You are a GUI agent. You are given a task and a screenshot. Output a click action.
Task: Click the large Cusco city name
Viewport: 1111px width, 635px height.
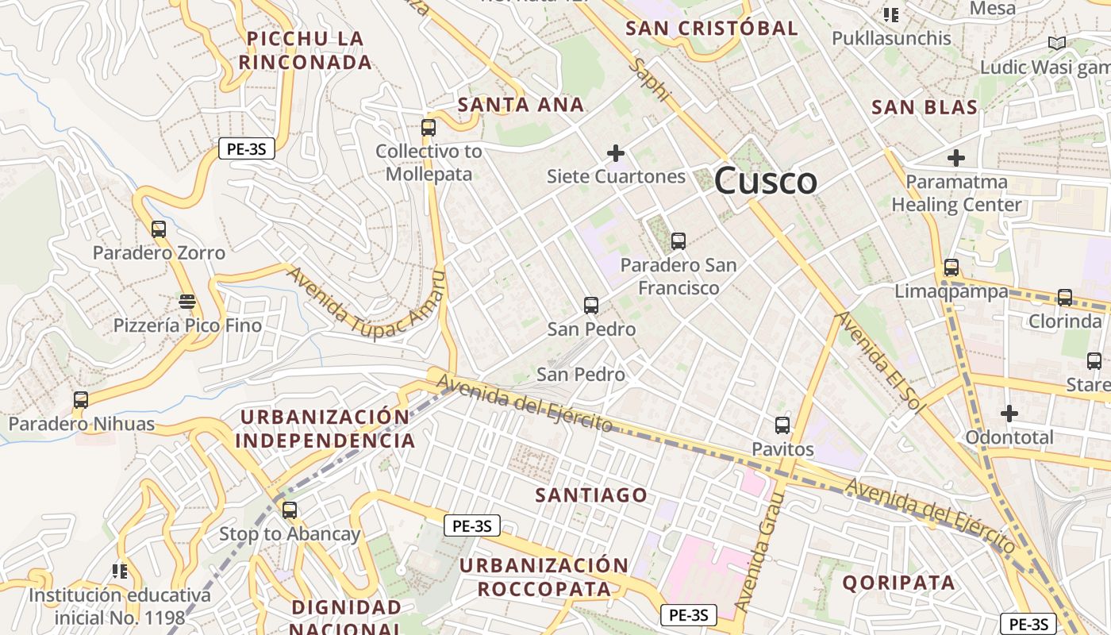765,182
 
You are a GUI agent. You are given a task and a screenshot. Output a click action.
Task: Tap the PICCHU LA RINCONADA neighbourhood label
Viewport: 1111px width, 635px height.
306,50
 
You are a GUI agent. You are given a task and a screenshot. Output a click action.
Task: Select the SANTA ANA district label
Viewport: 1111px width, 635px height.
521,105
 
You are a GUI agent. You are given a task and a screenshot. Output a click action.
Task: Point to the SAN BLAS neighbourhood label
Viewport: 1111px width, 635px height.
924,108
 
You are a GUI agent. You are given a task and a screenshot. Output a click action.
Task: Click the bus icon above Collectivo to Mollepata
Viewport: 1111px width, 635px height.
429,127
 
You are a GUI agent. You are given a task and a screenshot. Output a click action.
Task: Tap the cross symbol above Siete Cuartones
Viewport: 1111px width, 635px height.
616,152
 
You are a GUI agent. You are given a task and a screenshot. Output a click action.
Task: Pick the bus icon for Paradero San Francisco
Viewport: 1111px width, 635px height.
678,241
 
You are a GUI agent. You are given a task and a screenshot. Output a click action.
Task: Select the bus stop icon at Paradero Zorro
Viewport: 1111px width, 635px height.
159,229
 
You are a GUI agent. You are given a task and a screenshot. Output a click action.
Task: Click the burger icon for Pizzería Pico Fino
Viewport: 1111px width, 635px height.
187,302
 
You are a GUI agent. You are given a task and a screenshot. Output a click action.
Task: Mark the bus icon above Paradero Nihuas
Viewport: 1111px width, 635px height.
81,399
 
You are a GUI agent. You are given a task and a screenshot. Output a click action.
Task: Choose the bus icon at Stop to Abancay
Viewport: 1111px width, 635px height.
290,510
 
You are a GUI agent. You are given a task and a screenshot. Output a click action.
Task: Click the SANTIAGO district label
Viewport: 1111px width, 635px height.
591,495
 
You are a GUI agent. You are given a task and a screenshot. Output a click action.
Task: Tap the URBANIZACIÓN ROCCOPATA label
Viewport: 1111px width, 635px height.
544,577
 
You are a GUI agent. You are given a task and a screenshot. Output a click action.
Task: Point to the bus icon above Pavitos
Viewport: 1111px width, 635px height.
782,425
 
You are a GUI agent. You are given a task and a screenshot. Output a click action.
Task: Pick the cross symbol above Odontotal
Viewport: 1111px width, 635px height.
1009,414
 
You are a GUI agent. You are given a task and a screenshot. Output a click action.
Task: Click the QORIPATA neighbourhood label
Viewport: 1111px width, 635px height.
898,583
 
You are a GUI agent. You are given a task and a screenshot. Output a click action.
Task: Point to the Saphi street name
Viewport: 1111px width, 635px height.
649,79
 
